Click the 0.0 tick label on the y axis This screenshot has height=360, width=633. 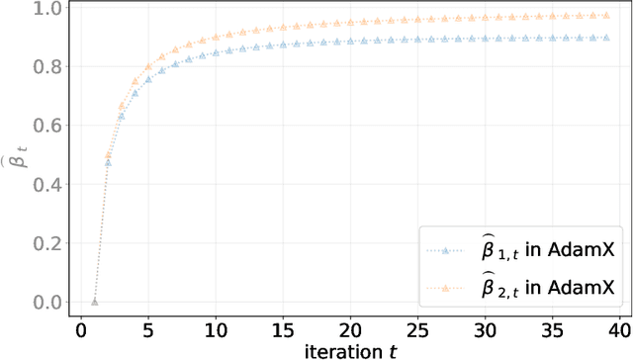45,303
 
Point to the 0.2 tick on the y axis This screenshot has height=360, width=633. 45,243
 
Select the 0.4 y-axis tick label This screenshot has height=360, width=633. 45,185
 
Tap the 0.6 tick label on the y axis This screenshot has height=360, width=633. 45,126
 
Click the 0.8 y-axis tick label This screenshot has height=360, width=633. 45,67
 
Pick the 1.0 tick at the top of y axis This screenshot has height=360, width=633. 45,9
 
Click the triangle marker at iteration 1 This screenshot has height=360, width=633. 94,302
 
